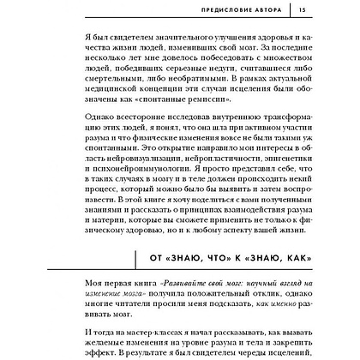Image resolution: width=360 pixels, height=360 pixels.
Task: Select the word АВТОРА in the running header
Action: coord(273,10)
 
